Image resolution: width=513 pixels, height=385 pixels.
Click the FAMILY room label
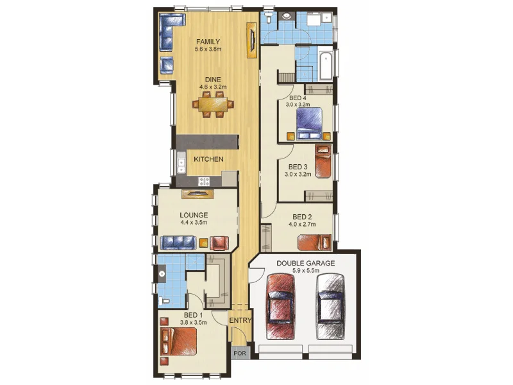tap(208, 42)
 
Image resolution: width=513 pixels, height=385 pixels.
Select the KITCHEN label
tap(208, 158)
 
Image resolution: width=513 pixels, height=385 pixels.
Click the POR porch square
tap(239, 354)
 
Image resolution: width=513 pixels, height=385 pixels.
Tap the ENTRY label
tap(240, 321)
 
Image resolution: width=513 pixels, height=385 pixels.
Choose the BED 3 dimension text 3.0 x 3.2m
tap(298, 174)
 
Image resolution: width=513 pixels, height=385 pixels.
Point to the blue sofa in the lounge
tap(178, 241)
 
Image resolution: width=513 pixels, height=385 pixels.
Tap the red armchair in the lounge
tap(219, 242)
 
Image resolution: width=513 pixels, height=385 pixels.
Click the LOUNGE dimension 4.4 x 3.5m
tap(194, 223)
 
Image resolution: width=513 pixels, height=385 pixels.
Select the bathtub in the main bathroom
tap(324, 65)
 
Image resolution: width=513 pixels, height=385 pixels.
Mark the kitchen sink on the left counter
tap(181, 165)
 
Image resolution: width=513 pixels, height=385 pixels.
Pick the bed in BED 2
tap(315, 242)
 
